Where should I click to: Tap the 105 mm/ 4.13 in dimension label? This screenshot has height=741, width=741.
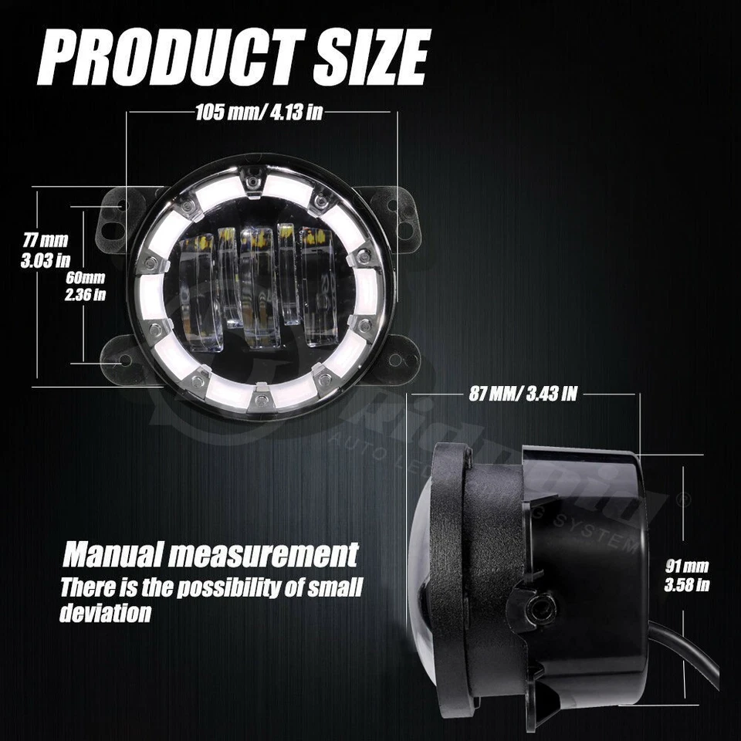click(259, 112)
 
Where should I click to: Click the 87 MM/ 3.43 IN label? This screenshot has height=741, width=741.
click(523, 394)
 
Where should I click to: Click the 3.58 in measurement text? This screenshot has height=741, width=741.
click(687, 584)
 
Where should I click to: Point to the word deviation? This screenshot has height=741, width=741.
click(105, 614)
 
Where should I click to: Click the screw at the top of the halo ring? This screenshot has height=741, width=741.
click(252, 181)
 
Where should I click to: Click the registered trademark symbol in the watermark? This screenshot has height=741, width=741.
click(682, 499)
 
